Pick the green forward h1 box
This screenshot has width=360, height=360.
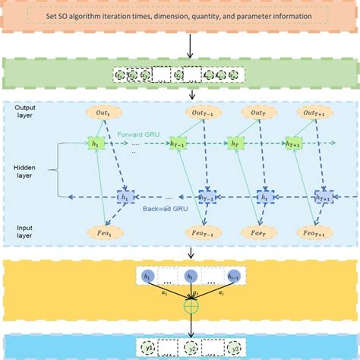[x=97, y=141]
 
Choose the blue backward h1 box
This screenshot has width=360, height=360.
[x=124, y=196]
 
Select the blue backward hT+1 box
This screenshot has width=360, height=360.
[x=321, y=197]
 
